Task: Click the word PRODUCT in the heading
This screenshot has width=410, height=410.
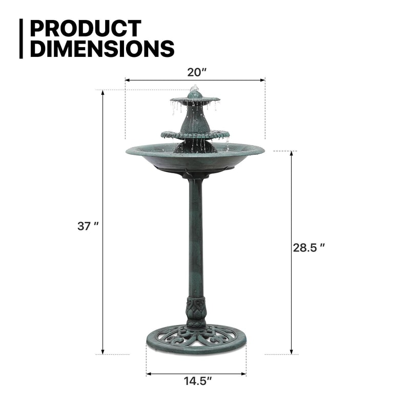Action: point(85,29)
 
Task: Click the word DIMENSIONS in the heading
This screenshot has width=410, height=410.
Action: point(102,49)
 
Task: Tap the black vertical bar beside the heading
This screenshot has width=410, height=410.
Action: point(22,38)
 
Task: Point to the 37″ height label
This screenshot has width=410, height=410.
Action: point(88,225)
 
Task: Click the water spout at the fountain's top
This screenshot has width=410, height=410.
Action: point(194,90)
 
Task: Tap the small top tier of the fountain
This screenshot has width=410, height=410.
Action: point(195,99)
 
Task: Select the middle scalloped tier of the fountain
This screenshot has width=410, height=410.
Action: point(195,135)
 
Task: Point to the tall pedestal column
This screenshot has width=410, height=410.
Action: point(196,236)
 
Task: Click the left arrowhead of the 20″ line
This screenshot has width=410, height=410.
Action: point(127,80)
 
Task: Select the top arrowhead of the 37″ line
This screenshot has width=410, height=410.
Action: point(102,93)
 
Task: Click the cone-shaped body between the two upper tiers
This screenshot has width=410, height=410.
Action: point(195,119)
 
